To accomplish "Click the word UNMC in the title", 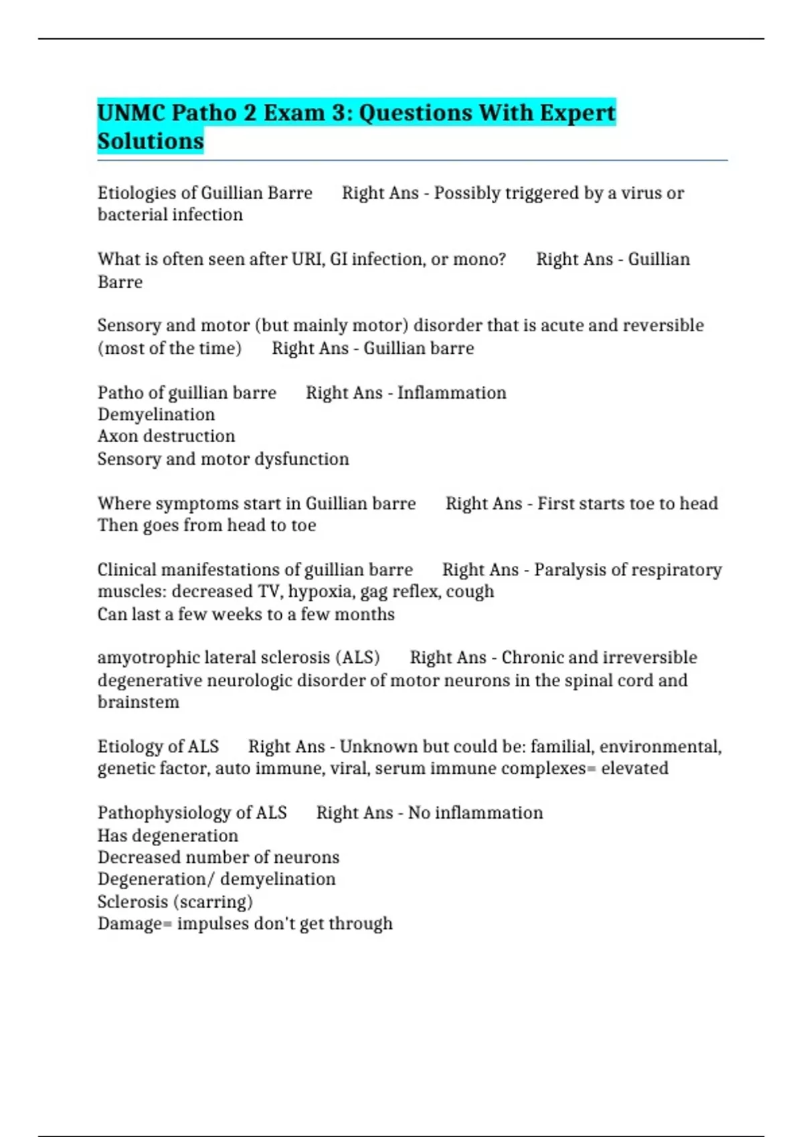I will pos(131,112).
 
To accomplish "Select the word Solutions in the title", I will pos(151,141).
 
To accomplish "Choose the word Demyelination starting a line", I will pos(156,415).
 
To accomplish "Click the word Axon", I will pos(118,436).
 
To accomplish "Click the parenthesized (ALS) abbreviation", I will pos(357,658).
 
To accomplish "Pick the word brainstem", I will pos(139,702).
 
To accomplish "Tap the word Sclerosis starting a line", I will pos(132,902).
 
